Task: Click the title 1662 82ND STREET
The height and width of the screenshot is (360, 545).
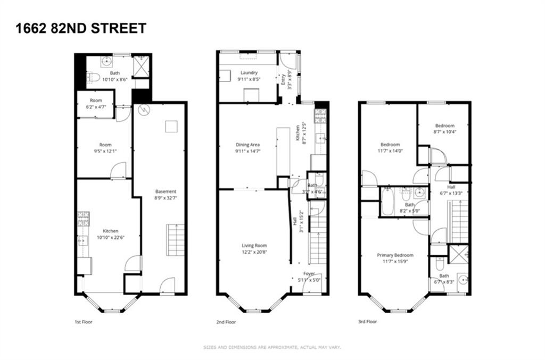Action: [x=81, y=28]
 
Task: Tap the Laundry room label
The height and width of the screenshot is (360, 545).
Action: [x=249, y=73]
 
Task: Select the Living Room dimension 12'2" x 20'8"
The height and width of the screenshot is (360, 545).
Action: [x=254, y=252]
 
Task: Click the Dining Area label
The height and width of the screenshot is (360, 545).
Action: [x=247, y=144]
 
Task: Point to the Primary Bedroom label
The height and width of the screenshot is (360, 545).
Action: [x=395, y=255]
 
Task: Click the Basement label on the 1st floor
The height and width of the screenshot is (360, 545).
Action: [x=166, y=191]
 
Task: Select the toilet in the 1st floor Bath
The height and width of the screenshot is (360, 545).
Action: [x=93, y=78]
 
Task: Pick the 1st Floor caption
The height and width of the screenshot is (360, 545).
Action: [x=85, y=322]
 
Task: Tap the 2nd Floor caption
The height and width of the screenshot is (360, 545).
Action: [x=227, y=322]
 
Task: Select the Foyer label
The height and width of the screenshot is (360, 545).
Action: [x=309, y=274]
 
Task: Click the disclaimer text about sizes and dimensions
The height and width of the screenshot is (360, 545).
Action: [x=272, y=347]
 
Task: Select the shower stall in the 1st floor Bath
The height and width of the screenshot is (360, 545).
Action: [x=142, y=66]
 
